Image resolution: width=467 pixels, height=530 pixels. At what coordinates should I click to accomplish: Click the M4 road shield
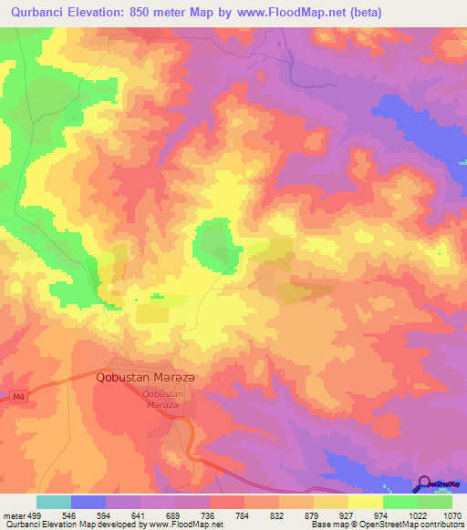[x=18, y=396]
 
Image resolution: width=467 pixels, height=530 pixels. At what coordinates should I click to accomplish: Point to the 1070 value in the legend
[x=452, y=515]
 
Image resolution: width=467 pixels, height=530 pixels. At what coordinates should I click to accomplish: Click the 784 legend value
[x=244, y=515]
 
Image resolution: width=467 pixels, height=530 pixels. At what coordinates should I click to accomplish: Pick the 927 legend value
[x=348, y=515]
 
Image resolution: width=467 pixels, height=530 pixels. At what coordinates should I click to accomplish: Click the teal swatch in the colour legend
[x=53, y=502]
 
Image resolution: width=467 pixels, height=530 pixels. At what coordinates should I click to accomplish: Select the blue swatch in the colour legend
[x=88, y=502]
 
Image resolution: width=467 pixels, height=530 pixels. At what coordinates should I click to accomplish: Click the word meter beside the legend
[x=13, y=515]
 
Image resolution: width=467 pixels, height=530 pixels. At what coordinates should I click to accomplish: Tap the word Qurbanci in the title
[x=41, y=12]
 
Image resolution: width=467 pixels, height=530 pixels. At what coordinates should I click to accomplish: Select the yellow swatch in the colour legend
[x=366, y=502]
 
